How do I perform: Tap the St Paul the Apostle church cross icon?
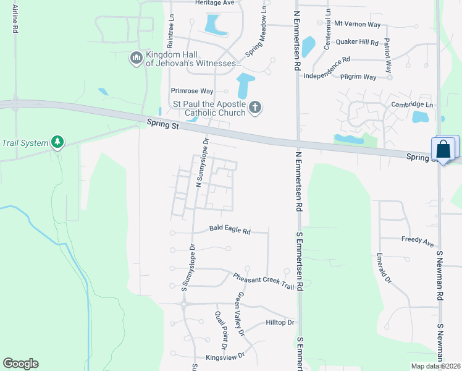tap(255, 108)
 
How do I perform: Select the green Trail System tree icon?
tap(57, 143)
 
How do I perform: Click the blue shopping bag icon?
tap(443, 149)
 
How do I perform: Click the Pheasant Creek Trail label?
tap(264, 280)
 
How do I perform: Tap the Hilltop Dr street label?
tap(280, 323)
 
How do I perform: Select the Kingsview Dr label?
tap(225, 357)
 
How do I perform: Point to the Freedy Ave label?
tap(418, 240)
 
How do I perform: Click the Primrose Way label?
tap(191, 91)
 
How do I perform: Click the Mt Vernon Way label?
tap(357, 23)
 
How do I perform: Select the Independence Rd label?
tap(327, 61)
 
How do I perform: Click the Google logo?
tap(20, 364)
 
